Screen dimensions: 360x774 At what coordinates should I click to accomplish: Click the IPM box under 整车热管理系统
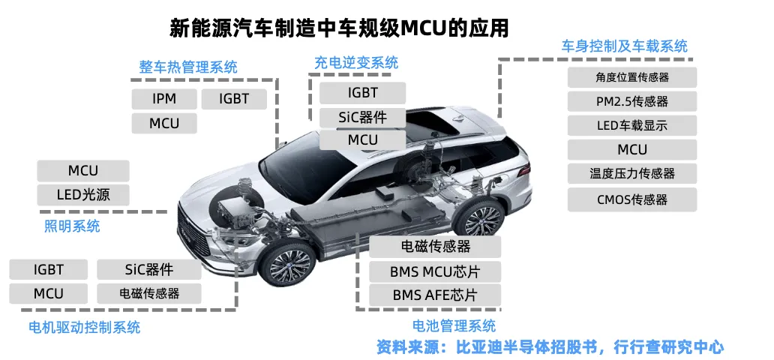point(164,98)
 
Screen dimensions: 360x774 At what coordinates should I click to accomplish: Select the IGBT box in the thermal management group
point(234,98)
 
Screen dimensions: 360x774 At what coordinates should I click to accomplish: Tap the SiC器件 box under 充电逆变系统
point(363,117)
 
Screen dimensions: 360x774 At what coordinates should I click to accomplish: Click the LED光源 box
point(83,195)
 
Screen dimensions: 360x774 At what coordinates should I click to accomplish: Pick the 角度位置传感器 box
point(632,77)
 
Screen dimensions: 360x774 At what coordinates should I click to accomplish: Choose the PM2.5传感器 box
point(632,101)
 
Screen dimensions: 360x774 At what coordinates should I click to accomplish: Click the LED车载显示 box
point(632,125)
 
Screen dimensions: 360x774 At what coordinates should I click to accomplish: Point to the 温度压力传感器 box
point(632,173)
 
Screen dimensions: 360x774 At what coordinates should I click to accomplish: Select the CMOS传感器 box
point(632,199)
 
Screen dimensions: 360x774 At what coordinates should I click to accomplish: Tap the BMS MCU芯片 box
point(435,271)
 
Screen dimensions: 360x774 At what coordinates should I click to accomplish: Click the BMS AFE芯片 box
point(435,295)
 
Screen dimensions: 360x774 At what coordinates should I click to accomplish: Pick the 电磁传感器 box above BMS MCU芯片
point(435,246)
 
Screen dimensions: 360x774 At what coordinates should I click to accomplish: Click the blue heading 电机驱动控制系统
point(84,327)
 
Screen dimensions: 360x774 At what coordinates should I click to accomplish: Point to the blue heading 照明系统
point(72,226)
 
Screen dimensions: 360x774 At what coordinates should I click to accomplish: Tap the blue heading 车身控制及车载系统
point(625,46)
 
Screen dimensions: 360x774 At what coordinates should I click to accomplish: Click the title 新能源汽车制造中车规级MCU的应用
point(340,29)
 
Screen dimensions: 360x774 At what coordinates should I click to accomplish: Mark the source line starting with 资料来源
point(550,346)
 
